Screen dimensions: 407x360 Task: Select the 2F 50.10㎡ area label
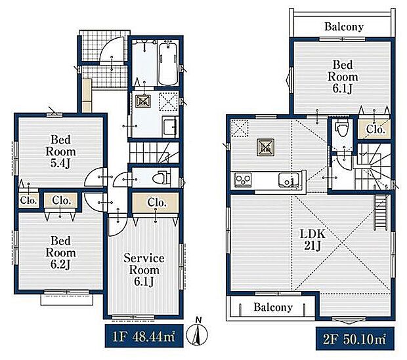(x=355, y=339)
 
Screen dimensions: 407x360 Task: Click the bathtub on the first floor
(x=168, y=64)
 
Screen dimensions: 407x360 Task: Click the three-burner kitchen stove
(x=243, y=180)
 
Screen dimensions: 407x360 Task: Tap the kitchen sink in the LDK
(x=288, y=180)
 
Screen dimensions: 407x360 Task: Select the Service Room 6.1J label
(x=144, y=270)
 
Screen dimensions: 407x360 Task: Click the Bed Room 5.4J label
(x=61, y=151)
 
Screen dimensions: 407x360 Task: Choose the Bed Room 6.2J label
(x=61, y=252)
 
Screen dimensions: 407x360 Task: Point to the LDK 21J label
(x=312, y=239)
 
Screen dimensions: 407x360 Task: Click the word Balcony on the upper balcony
(x=344, y=26)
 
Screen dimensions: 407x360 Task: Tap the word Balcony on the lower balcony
(x=273, y=307)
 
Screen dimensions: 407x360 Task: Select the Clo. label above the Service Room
(x=157, y=203)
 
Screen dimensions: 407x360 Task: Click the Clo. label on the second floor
(x=375, y=129)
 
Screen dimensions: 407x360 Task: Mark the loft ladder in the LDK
(x=379, y=212)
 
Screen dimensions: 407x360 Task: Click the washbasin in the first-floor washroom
(x=170, y=125)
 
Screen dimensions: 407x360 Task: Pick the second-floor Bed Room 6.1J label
(x=343, y=77)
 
